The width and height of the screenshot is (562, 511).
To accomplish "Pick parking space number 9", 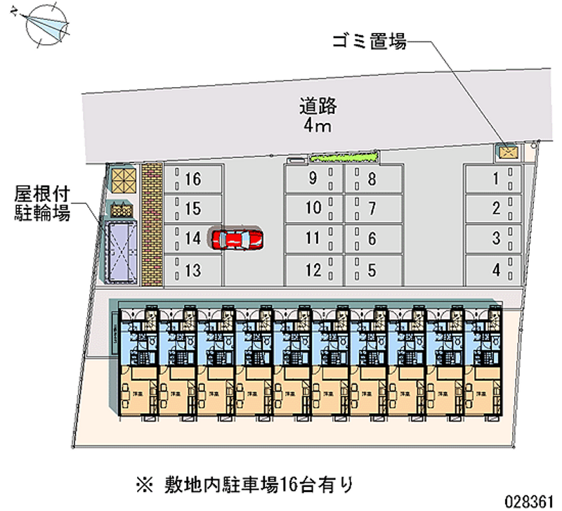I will pos(313,179).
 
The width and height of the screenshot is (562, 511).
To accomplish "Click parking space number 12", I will pos(313,269).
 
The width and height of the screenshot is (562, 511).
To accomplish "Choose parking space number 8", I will pos(372,179).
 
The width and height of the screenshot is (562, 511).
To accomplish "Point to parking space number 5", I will pos(372,269).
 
